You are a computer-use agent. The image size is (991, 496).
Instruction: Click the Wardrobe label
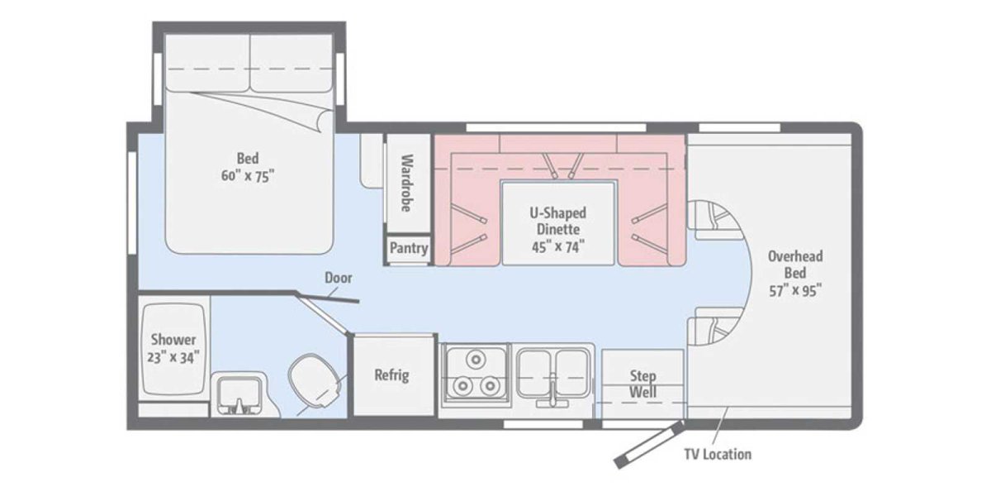click(407, 183)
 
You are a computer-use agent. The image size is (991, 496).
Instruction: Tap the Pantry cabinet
click(409, 248)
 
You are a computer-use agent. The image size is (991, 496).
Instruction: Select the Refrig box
click(391, 374)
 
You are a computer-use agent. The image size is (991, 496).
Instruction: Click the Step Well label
click(642, 384)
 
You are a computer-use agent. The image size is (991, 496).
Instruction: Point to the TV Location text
click(718, 454)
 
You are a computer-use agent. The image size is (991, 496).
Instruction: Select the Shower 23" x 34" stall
click(173, 349)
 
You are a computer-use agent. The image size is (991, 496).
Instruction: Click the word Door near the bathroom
click(339, 278)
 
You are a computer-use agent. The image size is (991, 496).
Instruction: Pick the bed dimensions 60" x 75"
click(248, 175)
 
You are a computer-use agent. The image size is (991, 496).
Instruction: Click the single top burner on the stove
click(475, 360)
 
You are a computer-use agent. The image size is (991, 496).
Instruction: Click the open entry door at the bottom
click(649, 446)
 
